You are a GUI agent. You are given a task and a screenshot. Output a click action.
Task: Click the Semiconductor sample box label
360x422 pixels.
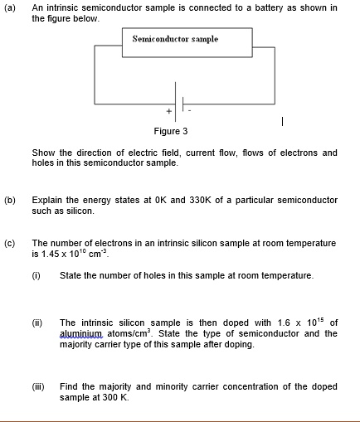click(175, 39)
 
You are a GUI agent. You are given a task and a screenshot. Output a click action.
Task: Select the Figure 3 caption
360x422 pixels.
click(170, 131)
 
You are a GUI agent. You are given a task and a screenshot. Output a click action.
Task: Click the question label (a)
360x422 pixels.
click(10, 7)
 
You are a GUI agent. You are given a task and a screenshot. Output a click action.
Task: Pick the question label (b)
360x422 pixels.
click(10, 200)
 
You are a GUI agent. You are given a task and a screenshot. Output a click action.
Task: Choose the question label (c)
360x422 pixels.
click(10, 243)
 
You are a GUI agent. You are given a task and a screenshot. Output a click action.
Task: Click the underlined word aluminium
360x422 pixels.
click(78, 333)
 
